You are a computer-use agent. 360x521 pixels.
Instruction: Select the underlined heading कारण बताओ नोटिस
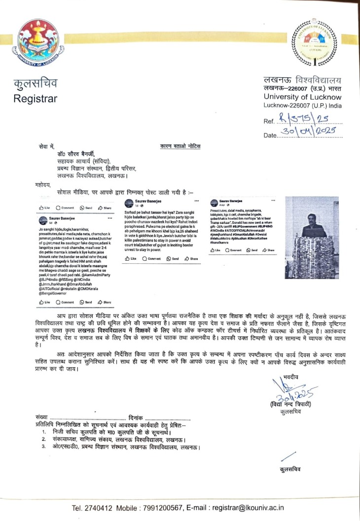coord(180,146)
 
